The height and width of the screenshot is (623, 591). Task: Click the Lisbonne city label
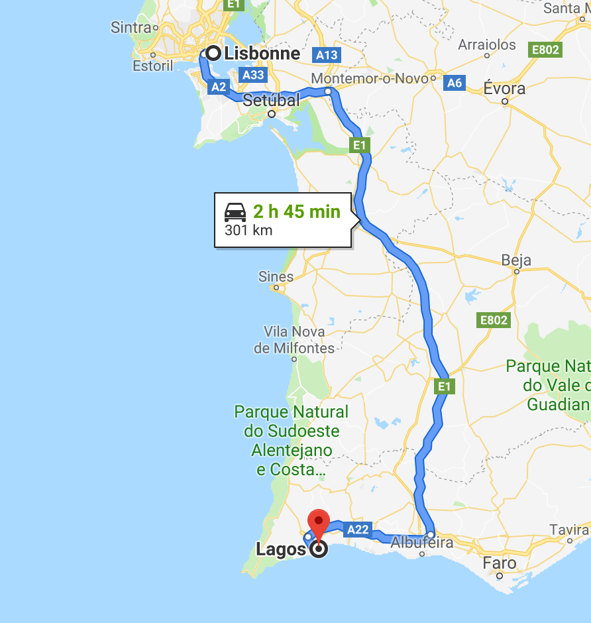(x=262, y=54)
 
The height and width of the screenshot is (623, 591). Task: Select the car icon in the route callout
(x=235, y=212)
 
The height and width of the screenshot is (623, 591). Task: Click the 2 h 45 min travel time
(x=296, y=212)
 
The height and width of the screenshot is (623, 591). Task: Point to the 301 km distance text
(x=248, y=231)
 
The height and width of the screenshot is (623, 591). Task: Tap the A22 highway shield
(x=358, y=529)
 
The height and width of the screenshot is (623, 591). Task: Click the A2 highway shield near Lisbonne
(x=219, y=86)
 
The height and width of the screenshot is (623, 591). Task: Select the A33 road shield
(x=254, y=75)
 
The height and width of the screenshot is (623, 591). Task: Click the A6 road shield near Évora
(x=454, y=83)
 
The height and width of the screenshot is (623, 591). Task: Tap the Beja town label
(x=516, y=260)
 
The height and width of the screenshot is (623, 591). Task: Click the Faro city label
(x=500, y=563)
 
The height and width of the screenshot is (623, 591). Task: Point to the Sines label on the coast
(x=276, y=276)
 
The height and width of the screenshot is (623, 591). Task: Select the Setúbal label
(x=271, y=100)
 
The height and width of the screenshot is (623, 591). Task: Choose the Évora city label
(x=504, y=88)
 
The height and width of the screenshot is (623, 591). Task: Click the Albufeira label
(x=422, y=543)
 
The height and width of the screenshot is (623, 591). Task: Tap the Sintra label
(x=131, y=27)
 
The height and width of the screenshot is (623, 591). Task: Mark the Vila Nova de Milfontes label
(x=294, y=339)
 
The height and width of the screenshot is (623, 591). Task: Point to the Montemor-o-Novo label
(x=369, y=78)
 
